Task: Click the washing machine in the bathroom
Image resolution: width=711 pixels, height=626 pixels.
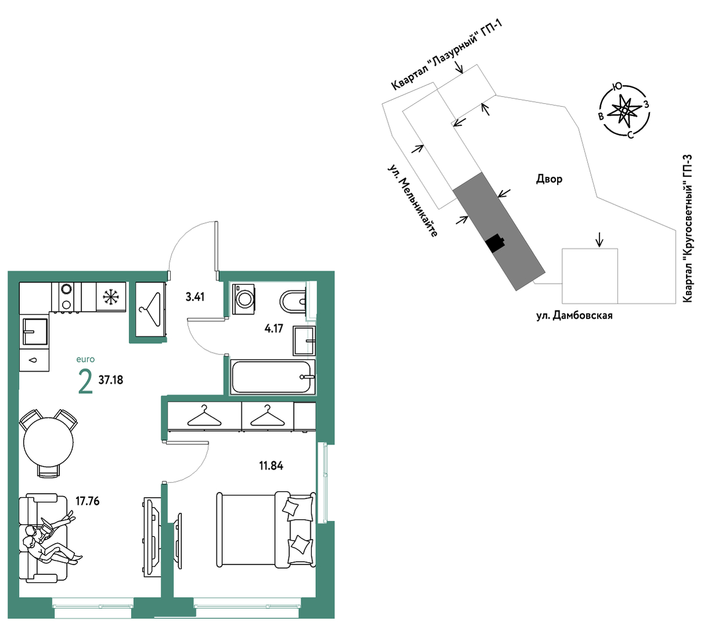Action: (x=243, y=299)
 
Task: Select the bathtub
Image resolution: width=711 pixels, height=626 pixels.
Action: (x=272, y=377)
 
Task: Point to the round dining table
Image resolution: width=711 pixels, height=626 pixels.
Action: (x=48, y=442)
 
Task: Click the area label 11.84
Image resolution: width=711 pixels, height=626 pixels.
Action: (x=271, y=466)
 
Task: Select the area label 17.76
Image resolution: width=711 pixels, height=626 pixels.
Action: (x=87, y=501)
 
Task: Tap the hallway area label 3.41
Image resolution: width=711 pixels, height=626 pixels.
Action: (x=195, y=297)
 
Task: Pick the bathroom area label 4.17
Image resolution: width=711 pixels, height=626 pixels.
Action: (x=274, y=329)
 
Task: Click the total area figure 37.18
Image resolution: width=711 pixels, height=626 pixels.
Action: (x=110, y=380)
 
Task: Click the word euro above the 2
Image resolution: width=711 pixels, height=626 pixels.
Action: (x=85, y=359)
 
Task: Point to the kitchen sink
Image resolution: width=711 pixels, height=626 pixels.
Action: (x=35, y=332)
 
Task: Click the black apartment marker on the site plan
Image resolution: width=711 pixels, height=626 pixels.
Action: (x=495, y=243)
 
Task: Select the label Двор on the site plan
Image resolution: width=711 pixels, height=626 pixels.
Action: (x=549, y=179)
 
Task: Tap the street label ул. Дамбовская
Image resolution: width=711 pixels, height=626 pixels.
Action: (x=574, y=316)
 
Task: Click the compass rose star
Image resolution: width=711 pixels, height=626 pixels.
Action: (x=624, y=110)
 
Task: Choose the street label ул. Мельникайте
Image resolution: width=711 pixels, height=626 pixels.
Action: (x=412, y=201)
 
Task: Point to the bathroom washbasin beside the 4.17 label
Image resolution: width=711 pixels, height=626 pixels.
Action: (x=304, y=341)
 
